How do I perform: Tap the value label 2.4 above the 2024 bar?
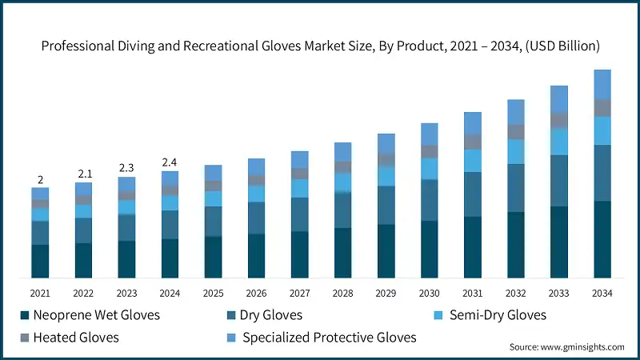(x=170, y=162)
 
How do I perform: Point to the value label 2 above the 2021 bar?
(x=40, y=179)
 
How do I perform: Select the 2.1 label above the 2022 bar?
(x=84, y=174)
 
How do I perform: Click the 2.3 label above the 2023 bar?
(x=127, y=168)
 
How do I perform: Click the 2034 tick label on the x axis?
(x=602, y=294)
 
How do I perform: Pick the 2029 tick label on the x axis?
(x=386, y=294)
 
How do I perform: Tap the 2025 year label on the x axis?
(x=214, y=294)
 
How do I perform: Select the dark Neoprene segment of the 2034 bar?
(x=602, y=239)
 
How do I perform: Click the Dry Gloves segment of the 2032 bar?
(x=516, y=188)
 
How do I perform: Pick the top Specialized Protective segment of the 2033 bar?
(x=559, y=98)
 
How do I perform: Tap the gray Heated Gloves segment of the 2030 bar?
(x=430, y=151)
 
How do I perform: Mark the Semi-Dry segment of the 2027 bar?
(x=300, y=188)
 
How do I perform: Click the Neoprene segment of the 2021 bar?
(x=40, y=262)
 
